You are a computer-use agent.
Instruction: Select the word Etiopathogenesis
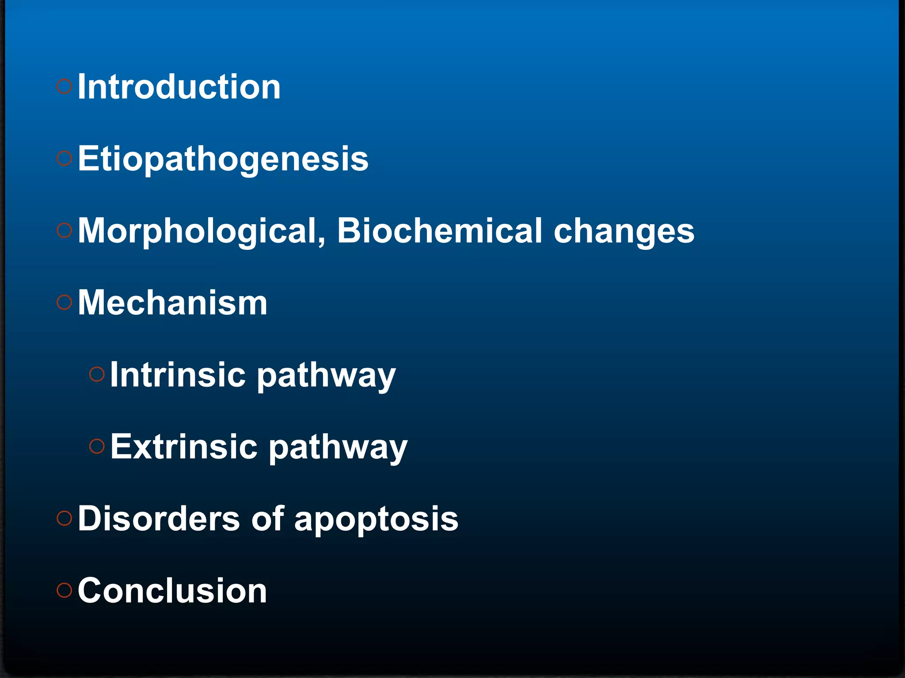[223, 159]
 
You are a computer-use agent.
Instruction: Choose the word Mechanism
[173, 303]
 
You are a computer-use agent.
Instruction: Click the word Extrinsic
[184, 447]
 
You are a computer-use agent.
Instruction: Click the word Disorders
[159, 519]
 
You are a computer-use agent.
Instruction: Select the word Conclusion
[172, 591]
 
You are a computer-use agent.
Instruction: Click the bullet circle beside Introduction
[65, 86]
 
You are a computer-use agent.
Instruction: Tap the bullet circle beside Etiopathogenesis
[65, 158]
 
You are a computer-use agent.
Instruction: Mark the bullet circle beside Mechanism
[65, 302]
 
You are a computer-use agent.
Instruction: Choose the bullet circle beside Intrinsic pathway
[97, 374]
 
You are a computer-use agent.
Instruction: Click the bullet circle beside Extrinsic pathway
[97, 446]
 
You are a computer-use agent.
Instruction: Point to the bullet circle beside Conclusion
[65, 590]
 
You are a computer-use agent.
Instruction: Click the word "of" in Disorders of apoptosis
[268, 519]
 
